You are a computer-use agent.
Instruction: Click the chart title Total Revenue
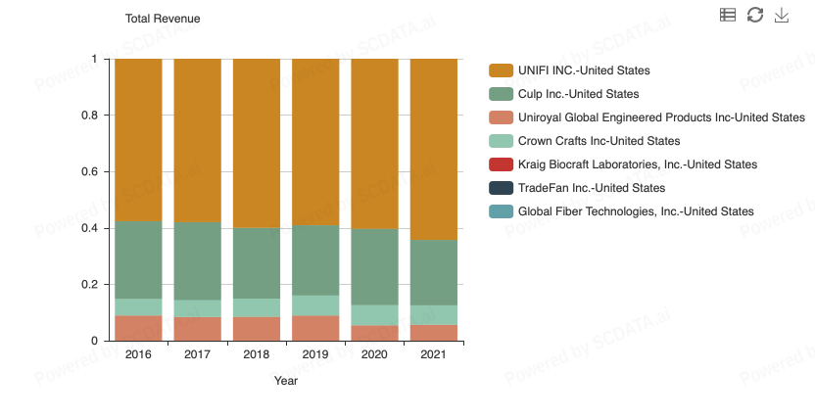tap(163, 19)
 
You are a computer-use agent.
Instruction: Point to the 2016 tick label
tap(138, 354)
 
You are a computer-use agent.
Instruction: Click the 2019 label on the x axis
tap(315, 354)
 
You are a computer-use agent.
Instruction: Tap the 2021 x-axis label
tap(433, 354)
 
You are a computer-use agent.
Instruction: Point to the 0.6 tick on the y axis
tap(88, 172)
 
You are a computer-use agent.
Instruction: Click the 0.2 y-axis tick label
tap(88, 285)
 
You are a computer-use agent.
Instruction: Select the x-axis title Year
tap(286, 381)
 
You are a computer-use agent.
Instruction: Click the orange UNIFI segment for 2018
tap(257, 143)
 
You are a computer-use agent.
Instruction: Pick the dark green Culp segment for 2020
tap(374, 266)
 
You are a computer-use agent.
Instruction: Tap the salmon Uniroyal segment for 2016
tap(138, 328)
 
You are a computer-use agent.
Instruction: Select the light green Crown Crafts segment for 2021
tap(433, 315)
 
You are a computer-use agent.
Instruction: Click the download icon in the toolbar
tap(782, 15)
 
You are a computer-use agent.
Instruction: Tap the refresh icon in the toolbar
tap(754, 15)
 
